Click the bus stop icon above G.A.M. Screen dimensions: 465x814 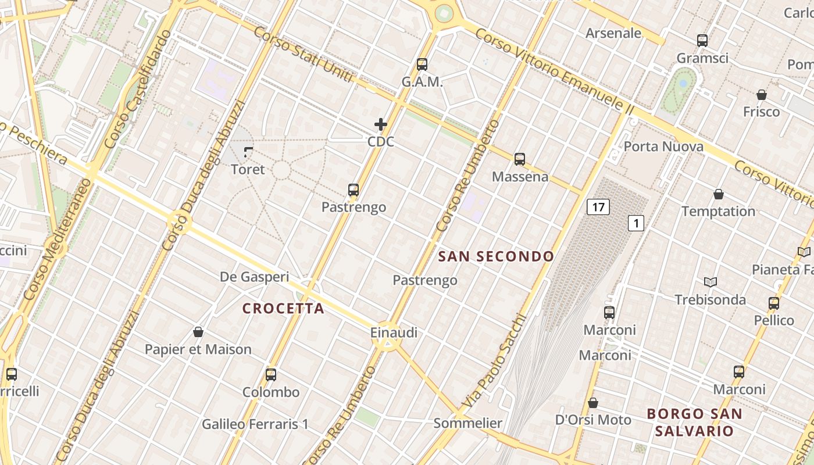pos(422,65)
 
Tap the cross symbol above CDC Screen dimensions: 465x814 pos(381,124)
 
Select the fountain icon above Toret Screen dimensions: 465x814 pos(248,152)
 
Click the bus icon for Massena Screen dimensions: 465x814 pos(520,159)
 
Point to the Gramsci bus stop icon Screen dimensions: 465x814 pos(702,41)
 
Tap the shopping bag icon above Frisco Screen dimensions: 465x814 pos(762,95)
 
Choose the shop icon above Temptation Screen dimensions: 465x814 pos(719,194)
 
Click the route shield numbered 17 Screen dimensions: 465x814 pos(598,206)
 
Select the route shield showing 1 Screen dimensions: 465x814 pos(636,223)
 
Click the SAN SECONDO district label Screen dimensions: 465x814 pos(496,256)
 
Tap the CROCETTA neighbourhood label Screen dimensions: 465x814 pos(283,309)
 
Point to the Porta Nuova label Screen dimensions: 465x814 pos(663,146)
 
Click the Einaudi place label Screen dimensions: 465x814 pos(394,333)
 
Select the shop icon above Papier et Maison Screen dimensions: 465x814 pos(198,332)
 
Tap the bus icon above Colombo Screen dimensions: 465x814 pos(271,375)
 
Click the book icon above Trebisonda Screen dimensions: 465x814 pos(710,282)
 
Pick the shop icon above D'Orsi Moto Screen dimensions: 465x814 pos(593,403)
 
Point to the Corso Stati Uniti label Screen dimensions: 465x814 pos(303,55)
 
